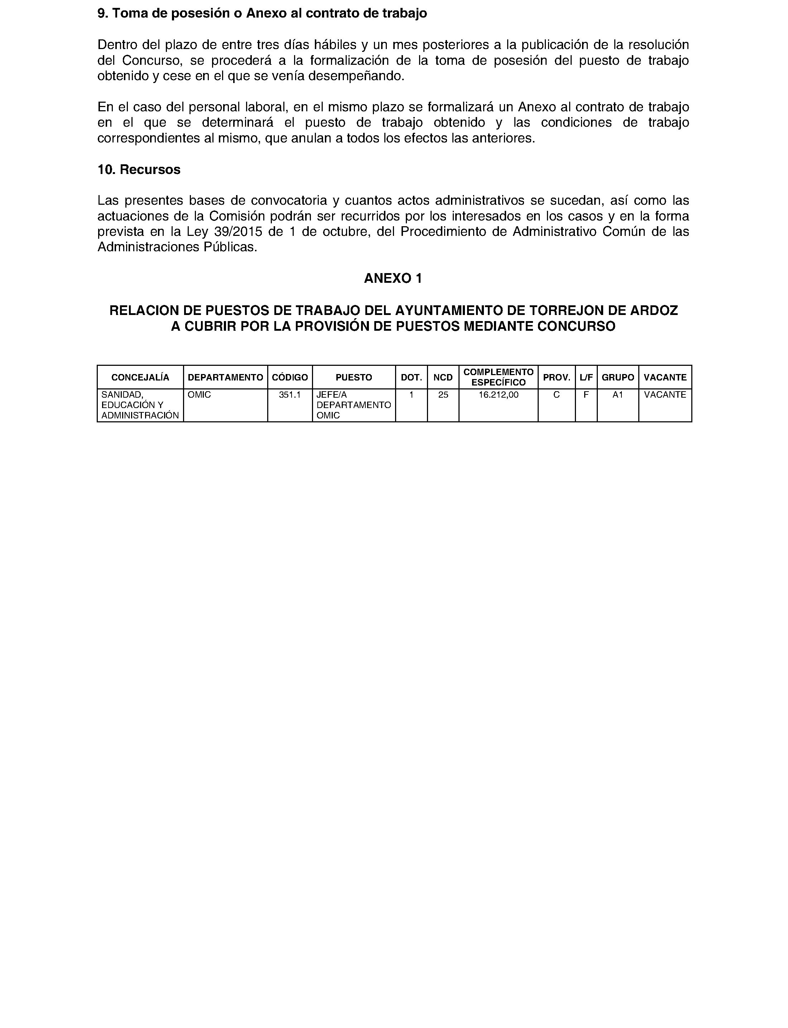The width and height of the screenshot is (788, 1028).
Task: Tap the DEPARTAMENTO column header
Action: click(x=225, y=377)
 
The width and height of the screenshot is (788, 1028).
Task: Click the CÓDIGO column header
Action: click(x=290, y=377)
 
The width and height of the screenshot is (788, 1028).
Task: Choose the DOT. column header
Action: click(x=411, y=377)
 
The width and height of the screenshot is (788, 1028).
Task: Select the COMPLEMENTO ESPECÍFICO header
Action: click(x=498, y=377)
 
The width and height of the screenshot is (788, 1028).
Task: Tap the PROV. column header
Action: click(x=556, y=377)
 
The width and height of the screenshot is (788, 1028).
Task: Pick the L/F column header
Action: click(x=586, y=377)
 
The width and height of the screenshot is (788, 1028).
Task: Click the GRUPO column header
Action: click(x=618, y=377)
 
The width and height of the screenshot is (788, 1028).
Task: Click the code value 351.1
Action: click(x=289, y=395)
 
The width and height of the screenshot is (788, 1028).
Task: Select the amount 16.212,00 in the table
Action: click(x=498, y=395)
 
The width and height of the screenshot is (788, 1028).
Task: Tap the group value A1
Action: click(x=618, y=395)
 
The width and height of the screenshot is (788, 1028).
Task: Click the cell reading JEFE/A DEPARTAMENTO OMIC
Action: click(x=354, y=405)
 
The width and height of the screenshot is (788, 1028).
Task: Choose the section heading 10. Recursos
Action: click(x=139, y=170)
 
